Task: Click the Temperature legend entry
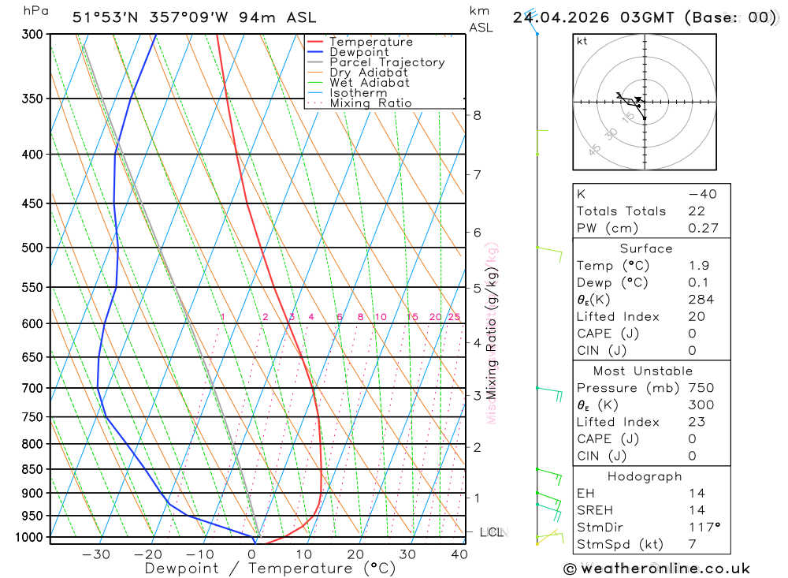click(x=370, y=42)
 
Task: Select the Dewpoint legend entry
click(x=359, y=52)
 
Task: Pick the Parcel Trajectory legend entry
click(x=387, y=62)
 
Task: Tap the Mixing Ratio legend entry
click(x=370, y=103)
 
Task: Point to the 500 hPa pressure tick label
click(x=33, y=248)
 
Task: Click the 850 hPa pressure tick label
click(x=33, y=469)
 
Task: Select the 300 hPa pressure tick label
click(x=33, y=35)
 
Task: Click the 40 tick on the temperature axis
click(x=459, y=554)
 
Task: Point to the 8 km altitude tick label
click(x=477, y=115)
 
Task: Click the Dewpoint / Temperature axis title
click(x=269, y=569)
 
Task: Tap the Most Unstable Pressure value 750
click(x=701, y=388)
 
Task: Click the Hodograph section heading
click(x=645, y=476)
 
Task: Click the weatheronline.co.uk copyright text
click(x=656, y=569)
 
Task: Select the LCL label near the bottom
click(x=492, y=532)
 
